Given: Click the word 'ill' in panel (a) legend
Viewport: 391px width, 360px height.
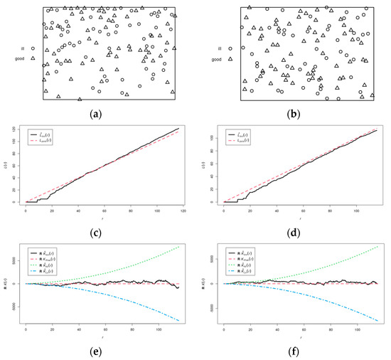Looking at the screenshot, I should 22,49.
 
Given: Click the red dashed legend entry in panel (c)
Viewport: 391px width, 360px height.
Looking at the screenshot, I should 42,139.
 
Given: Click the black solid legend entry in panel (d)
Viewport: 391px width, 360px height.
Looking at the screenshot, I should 240,132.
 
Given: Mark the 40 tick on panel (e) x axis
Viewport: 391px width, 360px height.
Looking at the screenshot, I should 76,331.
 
